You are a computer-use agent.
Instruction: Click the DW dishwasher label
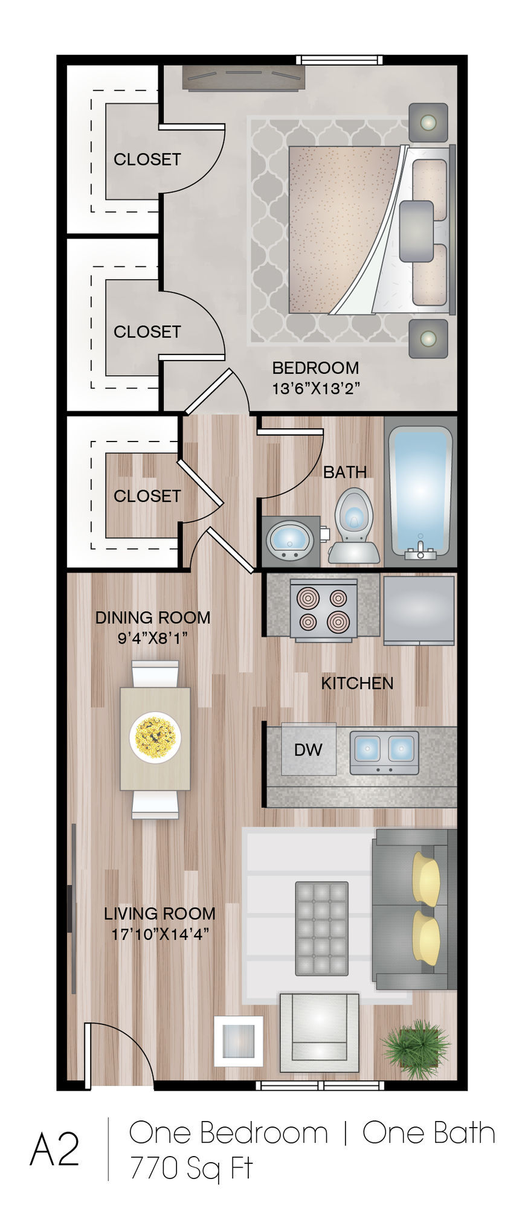coord(308,750)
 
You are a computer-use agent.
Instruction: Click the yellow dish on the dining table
coord(155,738)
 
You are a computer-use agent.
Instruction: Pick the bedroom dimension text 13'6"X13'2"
coord(316,388)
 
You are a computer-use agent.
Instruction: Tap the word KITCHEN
coord(357,683)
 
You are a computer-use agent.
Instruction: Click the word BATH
coord(345,472)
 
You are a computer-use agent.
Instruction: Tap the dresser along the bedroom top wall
coord(243,78)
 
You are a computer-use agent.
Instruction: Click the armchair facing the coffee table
coord(319,1027)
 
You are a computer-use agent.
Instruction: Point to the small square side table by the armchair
coord(239,1041)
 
